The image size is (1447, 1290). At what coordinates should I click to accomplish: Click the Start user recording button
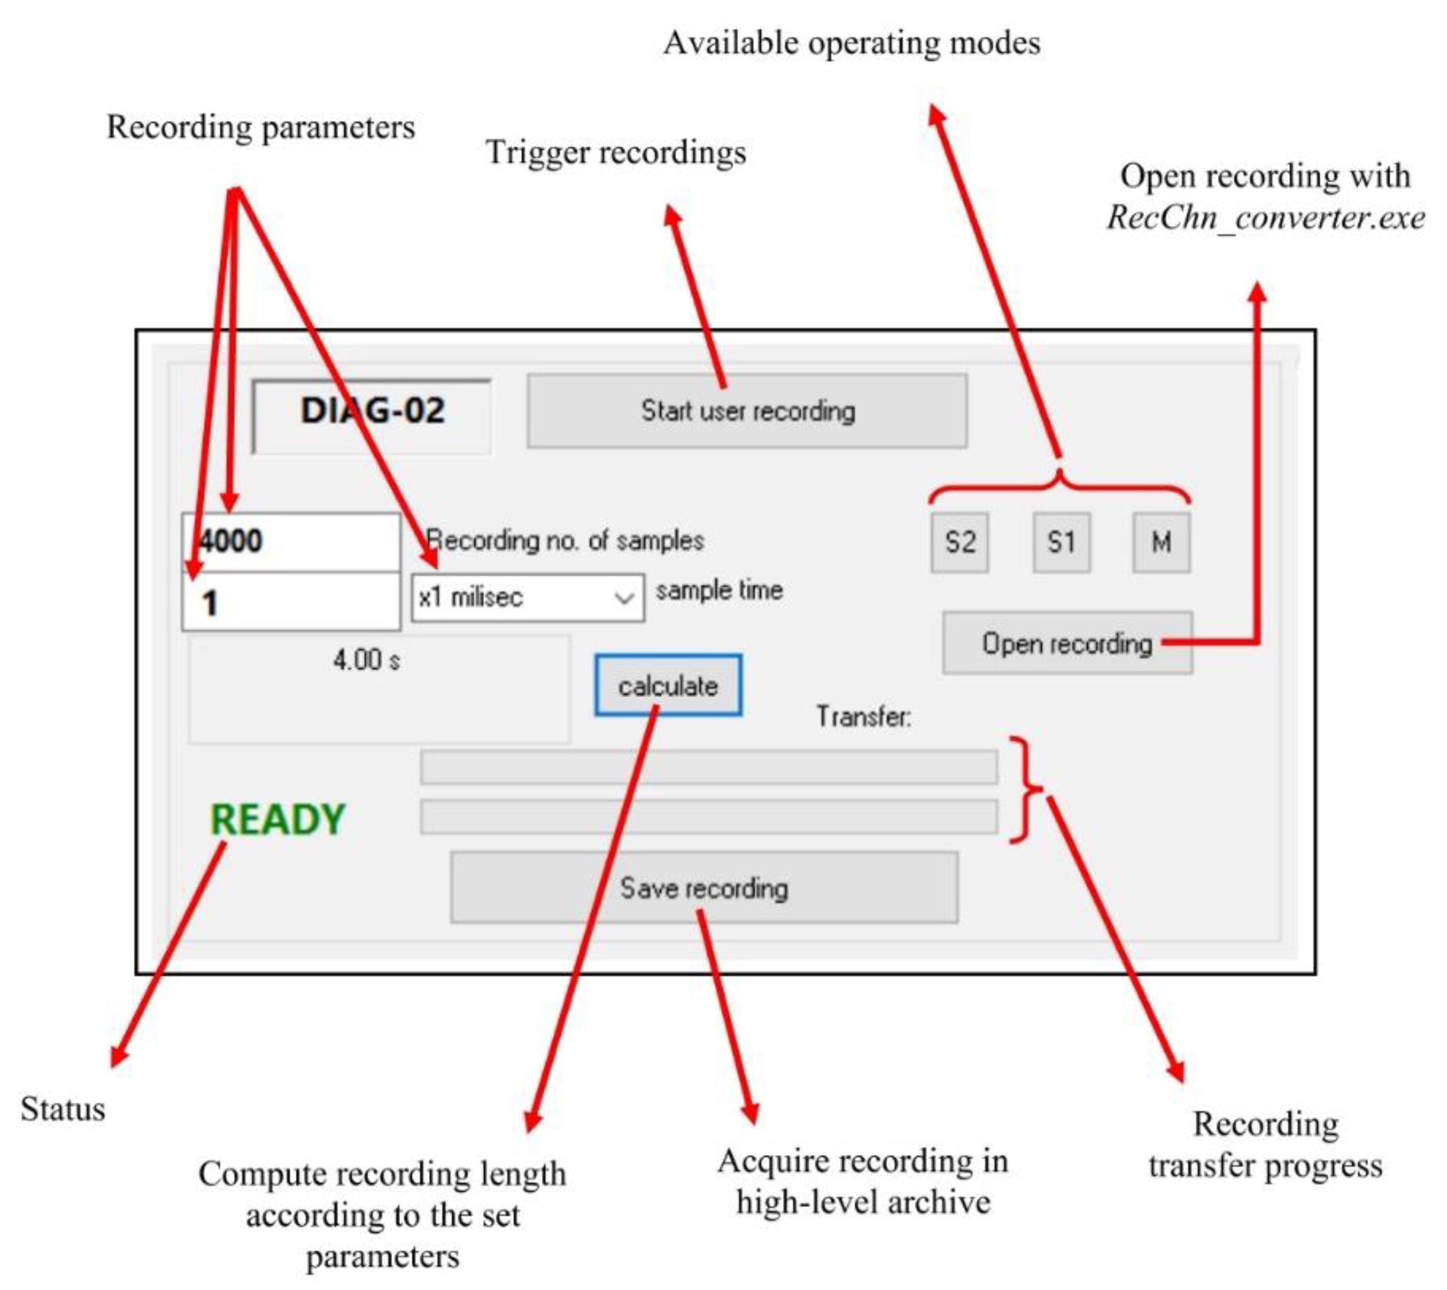click(747, 411)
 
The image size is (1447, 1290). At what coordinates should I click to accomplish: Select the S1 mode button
click(1061, 542)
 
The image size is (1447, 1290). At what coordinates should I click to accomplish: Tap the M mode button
click(1161, 542)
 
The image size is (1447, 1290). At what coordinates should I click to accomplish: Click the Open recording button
click(1067, 644)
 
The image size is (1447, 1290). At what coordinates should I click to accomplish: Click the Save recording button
click(703, 888)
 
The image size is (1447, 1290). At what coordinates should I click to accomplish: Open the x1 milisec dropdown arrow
click(623, 598)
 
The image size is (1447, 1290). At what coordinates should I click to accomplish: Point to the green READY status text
click(277, 820)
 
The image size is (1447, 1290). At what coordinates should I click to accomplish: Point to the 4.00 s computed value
click(366, 661)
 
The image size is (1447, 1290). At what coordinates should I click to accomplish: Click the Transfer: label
click(863, 717)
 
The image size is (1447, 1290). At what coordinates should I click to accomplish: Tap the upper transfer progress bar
click(708, 768)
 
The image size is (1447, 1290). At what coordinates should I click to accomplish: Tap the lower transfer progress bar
click(708, 817)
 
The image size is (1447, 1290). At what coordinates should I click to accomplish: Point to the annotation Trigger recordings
click(615, 152)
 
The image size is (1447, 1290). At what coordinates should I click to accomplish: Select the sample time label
click(719, 591)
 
